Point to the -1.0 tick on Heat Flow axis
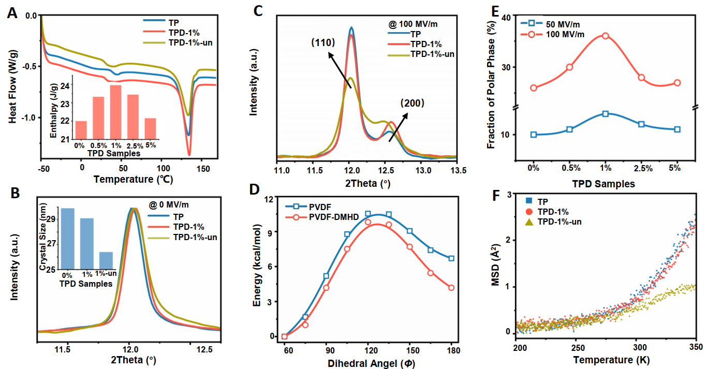click(x=30, y=117)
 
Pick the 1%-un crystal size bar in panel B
click(x=106, y=261)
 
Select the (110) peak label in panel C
click(x=326, y=42)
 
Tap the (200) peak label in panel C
click(x=412, y=103)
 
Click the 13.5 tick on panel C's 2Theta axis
click(x=456, y=170)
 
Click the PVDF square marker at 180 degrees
click(x=451, y=258)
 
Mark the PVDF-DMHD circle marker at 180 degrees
click(x=451, y=288)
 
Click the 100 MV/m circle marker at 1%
click(x=605, y=36)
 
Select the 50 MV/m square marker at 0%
click(x=534, y=135)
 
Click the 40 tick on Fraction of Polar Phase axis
click(x=504, y=17)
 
